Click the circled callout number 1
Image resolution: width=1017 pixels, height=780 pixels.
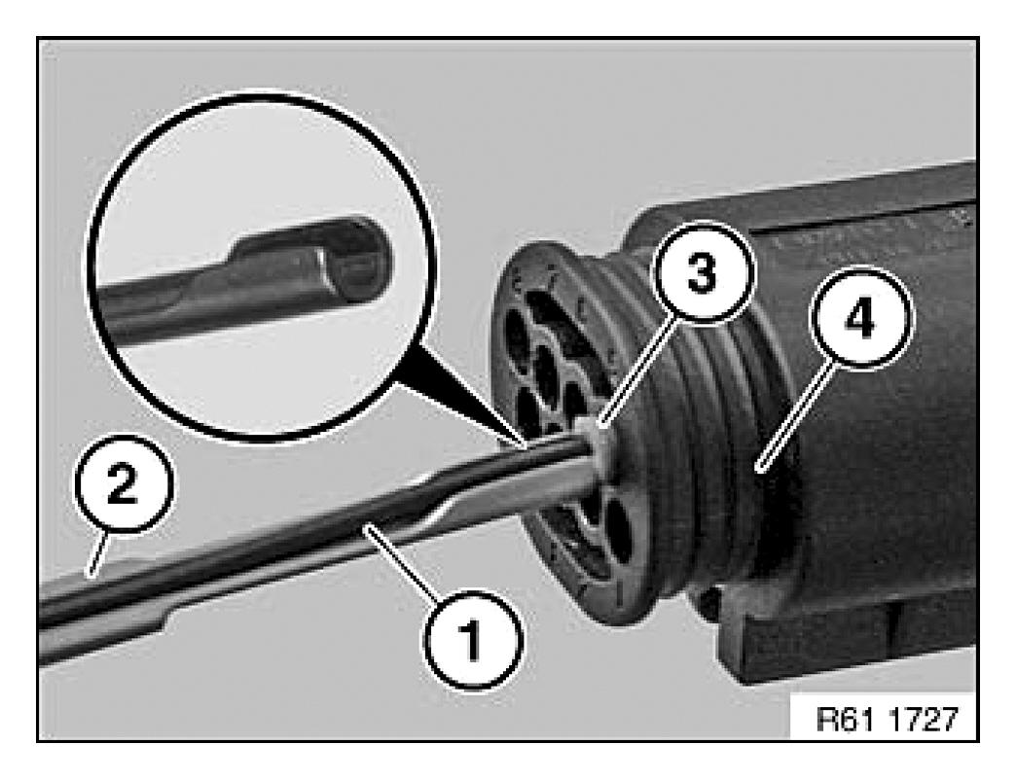(472, 638)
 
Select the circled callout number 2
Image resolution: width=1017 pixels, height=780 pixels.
(124, 483)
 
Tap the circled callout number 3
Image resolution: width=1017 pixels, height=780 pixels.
(703, 272)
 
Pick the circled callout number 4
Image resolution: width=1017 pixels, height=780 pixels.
(860, 320)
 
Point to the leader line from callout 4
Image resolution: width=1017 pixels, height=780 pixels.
(795, 415)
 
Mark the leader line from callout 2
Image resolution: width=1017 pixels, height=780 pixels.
(98, 552)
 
